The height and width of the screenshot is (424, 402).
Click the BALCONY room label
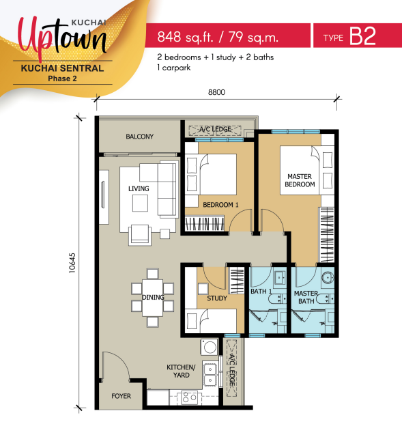[x=139, y=137]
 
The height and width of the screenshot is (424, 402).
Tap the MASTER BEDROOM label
[x=300, y=180]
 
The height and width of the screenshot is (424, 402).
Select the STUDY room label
[x=217, y=298]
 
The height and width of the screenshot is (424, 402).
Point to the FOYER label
[x=121, y=396]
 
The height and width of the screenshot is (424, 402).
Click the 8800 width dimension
[x=216, y=92]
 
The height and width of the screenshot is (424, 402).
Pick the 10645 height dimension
[x=72, y=263]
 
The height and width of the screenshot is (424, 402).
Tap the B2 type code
[x=362, y=36]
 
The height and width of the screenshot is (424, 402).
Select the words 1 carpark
[x=174, y=68]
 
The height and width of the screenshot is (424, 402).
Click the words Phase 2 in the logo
[x=62, y=79]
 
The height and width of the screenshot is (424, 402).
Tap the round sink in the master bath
[x=328, y=277]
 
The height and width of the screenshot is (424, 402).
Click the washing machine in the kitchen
[x=210, y=347]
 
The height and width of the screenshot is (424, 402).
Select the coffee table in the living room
[x=140, y=203]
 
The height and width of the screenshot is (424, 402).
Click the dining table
[x=153, y=298]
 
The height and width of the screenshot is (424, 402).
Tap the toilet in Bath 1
[x=275, y=299]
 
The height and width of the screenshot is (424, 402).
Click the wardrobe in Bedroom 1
[x=204, y=223]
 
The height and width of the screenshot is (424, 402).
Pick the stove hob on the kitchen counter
[x=189, y=398]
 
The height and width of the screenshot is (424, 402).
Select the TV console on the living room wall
[x=104, y=197]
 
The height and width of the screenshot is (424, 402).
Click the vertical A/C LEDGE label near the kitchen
[x=231, y=369]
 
